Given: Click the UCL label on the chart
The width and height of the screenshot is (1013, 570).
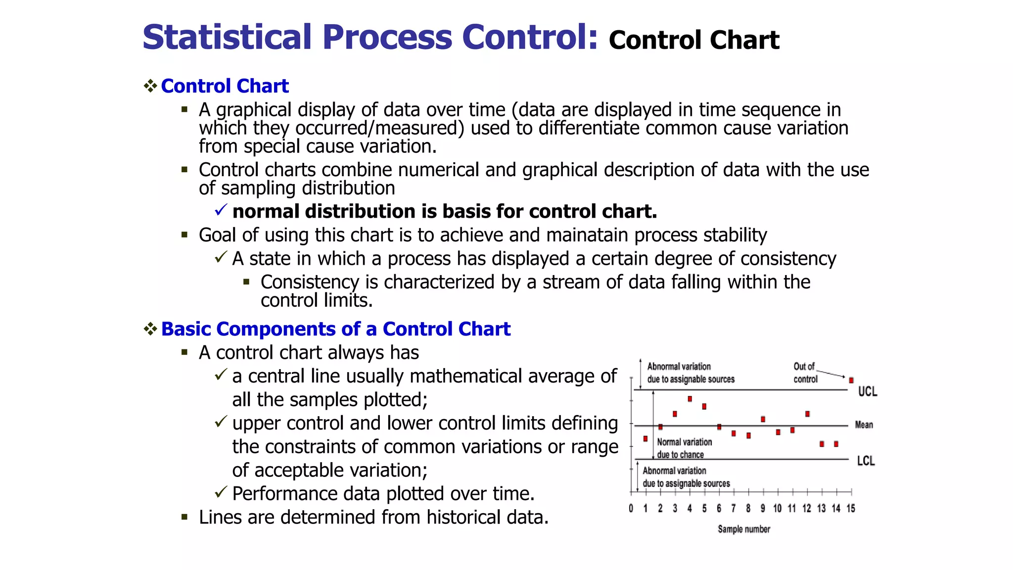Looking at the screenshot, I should [868, 391].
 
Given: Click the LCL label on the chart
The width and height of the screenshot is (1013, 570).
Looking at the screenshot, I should [866, 461].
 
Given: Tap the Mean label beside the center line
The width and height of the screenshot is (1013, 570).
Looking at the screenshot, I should [864, 425].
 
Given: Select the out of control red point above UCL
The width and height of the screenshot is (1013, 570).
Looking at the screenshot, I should [851, 380].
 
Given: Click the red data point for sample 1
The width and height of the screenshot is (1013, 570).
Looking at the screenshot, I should [645, 438].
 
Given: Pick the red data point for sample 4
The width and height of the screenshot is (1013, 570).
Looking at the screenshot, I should [690, 399].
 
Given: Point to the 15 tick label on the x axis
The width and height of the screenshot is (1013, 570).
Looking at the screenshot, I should [851, 509].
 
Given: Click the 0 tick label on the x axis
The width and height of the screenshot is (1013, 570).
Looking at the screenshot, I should [631, 509].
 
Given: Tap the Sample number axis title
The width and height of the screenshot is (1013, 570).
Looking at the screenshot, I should [744, 529].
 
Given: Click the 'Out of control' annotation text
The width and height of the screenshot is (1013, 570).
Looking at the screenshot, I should [805, 373].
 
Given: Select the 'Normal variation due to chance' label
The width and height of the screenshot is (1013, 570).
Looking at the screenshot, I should [684, 448].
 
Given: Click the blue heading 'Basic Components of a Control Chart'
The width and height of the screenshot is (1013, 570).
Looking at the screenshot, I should [335, 329].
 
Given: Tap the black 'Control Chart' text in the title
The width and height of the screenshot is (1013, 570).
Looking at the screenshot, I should [693, 41].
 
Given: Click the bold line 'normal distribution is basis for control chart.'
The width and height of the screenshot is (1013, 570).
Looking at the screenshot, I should [444, 211].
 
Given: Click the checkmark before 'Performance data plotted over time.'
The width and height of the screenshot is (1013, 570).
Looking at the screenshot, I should [221, 492].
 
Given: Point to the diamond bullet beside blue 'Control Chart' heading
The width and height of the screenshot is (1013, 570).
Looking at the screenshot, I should [150, 86].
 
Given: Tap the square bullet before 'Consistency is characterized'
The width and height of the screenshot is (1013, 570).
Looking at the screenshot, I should [246, 282].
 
